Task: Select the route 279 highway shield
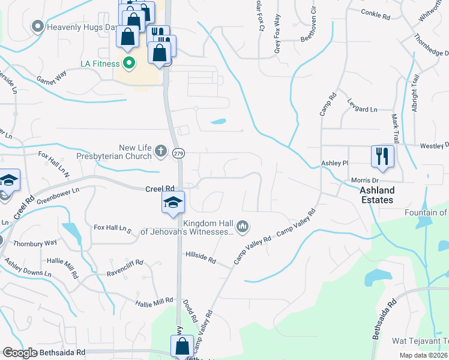(180, 154)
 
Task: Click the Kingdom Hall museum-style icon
(243, 226)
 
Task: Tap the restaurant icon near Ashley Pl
(382, 157)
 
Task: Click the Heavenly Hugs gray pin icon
(38, 26)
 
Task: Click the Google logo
(20, 353)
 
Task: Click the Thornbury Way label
(39, 242)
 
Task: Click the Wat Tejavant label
(420, 341)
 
